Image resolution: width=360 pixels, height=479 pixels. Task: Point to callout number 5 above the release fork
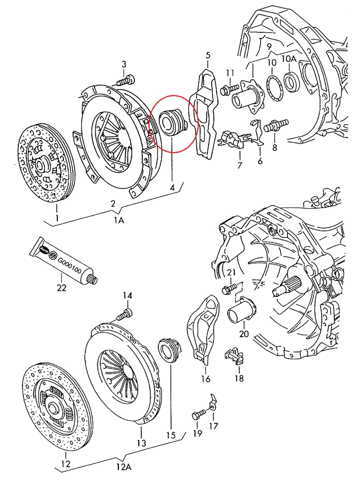pos(208,55)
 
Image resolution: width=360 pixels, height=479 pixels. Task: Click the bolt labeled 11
pos(226,89)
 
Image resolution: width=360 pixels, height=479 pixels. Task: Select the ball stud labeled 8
pos(276,125)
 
